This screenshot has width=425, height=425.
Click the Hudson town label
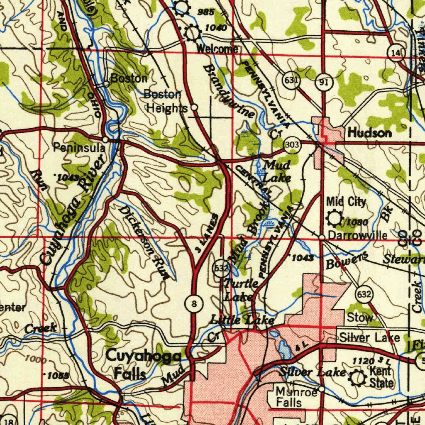click(369, 133)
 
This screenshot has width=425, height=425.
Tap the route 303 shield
click(292, 145)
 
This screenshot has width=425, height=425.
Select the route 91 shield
click(323, 82)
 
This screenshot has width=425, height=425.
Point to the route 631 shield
click(291, 80)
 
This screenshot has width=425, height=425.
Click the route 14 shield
click(396, 53)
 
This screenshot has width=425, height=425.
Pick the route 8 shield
click(194, 304)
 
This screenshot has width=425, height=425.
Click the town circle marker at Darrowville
click(322, 237)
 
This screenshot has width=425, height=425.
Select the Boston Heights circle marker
click(194, 107)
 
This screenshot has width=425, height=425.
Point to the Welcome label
click(217, 49)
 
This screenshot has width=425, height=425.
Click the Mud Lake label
click(276, 171)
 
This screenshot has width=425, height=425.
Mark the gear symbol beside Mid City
click(334, 218)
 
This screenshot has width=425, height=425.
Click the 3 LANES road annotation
click(208, 233)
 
